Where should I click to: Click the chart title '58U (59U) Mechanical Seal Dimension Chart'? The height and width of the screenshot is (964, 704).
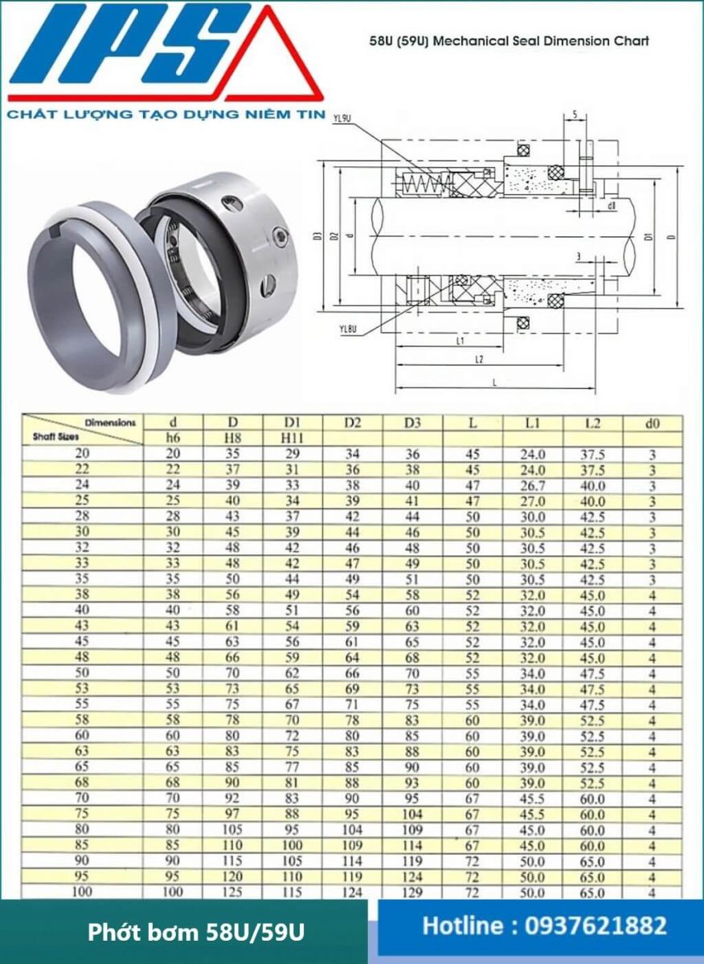pos(509,41)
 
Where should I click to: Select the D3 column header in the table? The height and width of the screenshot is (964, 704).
pos(412,423)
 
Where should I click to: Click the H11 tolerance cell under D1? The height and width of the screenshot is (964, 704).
pos(293,438)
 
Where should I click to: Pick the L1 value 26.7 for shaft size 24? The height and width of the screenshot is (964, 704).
pos(533,485)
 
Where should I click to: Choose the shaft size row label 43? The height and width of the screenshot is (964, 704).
pos(83,625)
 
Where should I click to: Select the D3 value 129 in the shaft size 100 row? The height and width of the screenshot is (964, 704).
pos(412,892)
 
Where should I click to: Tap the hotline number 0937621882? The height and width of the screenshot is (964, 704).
pos(544,926)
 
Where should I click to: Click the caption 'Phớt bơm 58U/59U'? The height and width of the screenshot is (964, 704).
pos(196,933)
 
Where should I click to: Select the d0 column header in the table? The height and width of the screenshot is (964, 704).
pos(653,423)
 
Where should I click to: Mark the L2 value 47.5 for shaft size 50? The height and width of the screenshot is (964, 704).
pos(592,672)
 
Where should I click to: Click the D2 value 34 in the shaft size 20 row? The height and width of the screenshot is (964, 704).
pos(352,454)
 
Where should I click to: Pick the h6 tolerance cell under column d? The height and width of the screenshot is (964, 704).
pos(173,438)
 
